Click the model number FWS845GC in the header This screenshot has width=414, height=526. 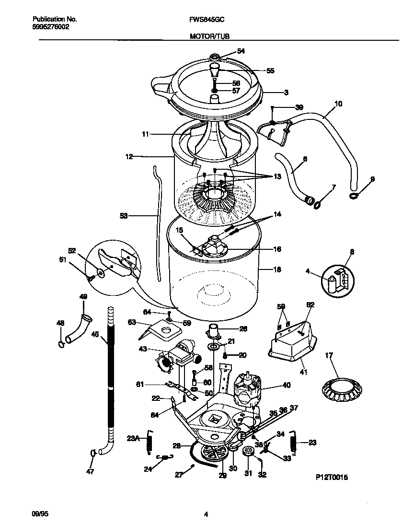[207, 19]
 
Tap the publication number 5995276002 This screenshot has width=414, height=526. [50, 27]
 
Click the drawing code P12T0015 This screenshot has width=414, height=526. [331, 478]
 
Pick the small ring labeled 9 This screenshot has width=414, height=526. [353, 195]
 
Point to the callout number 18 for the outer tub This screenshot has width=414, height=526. [276, 269]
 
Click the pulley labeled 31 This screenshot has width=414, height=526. [249, 452]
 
